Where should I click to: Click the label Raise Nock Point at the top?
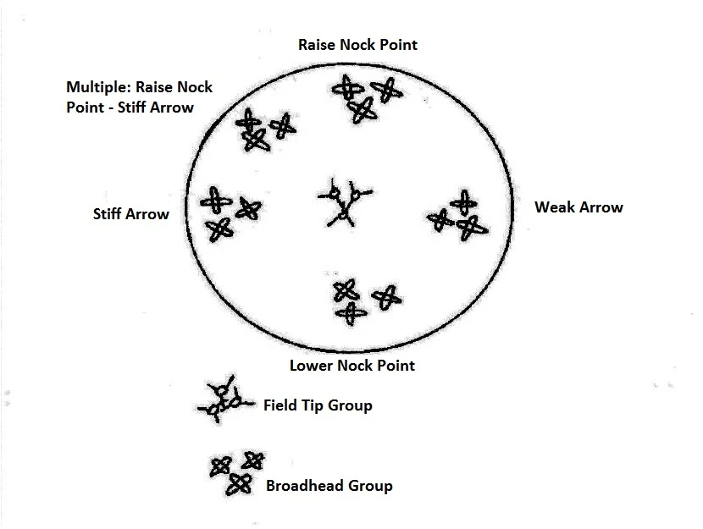pos(357,44)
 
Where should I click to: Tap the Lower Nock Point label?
pos(352,366)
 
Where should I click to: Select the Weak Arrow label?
pos(578,207)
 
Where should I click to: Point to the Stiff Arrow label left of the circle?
pos(130,214)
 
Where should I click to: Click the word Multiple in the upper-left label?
pos(96,87)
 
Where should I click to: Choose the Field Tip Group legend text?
pos(318,405)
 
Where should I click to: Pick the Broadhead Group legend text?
pos(329,486)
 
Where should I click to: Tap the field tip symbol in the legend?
pos(223,400)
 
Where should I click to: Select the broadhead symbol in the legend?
pos(236,471)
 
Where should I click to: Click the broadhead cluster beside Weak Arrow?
pos(458,217)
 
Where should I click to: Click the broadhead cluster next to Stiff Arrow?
pos(226,212)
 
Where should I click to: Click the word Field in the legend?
pos(280,405)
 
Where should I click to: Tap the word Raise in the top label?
pos(318,44)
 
